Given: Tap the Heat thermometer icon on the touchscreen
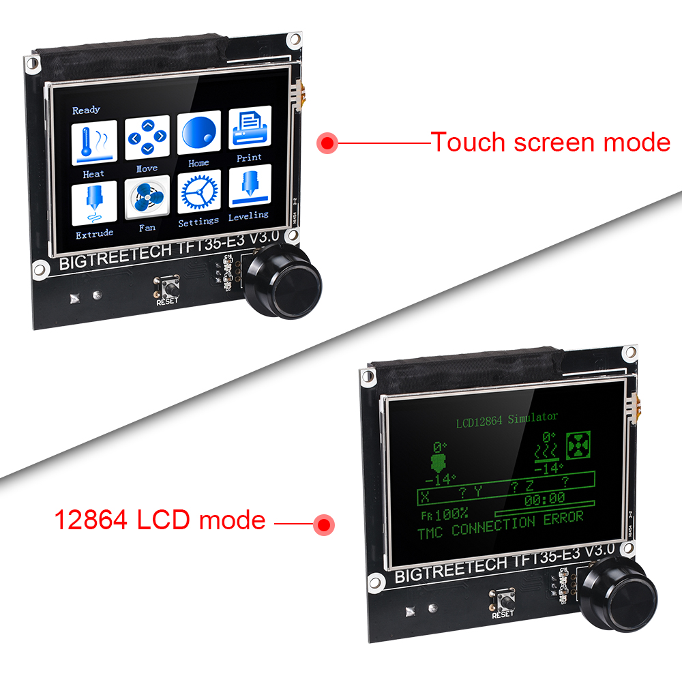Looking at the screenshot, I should click(95, 140).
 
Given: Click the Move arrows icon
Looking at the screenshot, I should click(147, 138).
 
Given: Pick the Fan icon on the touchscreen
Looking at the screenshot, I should click(147, 198).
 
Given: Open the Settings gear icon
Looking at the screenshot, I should click(198, 192).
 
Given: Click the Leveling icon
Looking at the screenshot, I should click(250, 186).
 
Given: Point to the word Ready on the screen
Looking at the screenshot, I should click(86, 110).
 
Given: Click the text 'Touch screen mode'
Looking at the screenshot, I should click(550, 143).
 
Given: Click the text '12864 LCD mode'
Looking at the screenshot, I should click(160, 520).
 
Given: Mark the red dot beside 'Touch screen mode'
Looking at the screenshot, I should click(329, 143).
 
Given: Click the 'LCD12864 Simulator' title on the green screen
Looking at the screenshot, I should click(507, 418).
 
